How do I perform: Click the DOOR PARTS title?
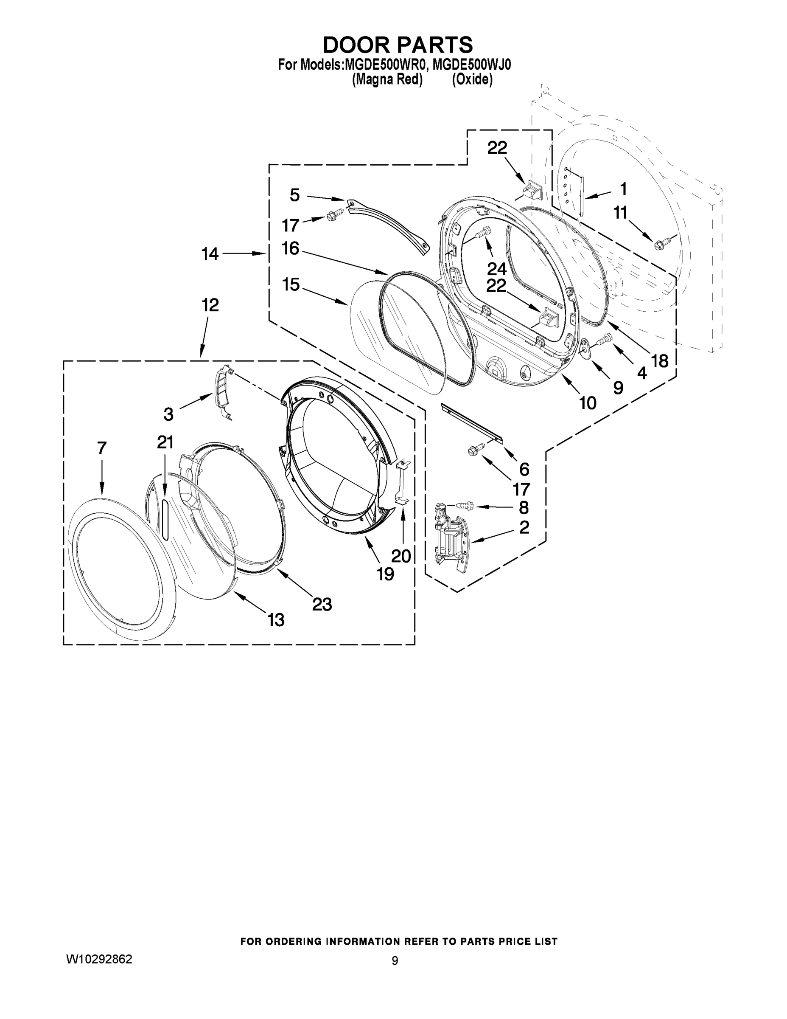point(398,45)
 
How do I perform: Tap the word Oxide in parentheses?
point(472,80)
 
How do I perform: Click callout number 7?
point(102,448)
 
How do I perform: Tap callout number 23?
point(322,604)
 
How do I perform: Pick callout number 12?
point(210,305)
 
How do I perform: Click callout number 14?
point(210,254)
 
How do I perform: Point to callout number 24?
point(496,269)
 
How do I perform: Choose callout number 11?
point(620,213)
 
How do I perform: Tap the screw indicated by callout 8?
point(464,505)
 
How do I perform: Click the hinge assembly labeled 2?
point(450,537)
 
